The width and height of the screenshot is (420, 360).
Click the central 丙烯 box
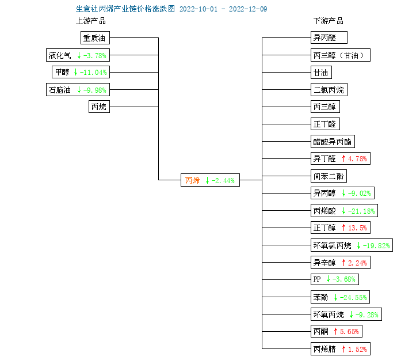coord(210,180)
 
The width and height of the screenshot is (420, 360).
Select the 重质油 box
coord(95,38)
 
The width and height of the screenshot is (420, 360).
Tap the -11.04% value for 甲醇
coord(93,72)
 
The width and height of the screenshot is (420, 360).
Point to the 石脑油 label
coord(59,90)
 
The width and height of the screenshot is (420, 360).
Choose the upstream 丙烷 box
coord(99,107)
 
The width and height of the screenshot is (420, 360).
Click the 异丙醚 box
coord(329,37)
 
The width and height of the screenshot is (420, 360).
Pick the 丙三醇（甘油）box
coord(341,55)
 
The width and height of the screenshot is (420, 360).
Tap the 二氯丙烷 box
coord(329,90)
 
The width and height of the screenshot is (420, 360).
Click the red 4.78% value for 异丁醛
coord(357,159)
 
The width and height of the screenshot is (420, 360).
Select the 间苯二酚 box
coord(329,176)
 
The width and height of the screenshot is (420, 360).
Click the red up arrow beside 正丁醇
coord(343,228)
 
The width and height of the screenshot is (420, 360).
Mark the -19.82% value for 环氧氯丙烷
coord(376,245)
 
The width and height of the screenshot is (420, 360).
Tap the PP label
coord(317,279)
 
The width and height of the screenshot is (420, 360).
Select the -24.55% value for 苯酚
coord(353,297)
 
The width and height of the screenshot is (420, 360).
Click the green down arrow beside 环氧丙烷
coord(351,314)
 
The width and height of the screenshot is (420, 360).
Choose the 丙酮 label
coord(320,332)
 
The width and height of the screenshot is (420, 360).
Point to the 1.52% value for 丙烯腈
coord(357,349)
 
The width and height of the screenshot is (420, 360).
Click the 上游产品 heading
coord(90,21)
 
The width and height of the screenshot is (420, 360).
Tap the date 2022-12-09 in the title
coord(248,9)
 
